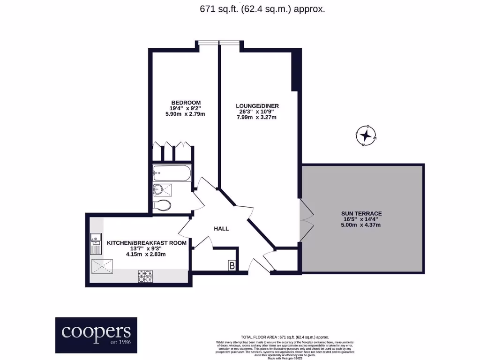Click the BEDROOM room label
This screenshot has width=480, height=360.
186,103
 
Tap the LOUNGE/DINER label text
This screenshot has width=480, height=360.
257,106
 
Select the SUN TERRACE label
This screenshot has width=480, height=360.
361,213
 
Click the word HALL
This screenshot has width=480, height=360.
221,229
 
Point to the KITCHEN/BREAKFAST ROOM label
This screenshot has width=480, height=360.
146,243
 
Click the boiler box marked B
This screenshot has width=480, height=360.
232,266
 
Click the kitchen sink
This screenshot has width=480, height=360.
96,242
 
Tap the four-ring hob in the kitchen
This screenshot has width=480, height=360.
145,276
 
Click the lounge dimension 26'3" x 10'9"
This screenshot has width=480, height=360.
257,112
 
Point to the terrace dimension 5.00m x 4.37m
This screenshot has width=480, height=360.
361,225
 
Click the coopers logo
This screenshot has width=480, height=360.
97,335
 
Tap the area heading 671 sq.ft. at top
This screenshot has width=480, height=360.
262,8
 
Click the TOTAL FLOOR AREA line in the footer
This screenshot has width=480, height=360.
285,337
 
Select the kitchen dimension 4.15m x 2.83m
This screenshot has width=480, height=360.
146,254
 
